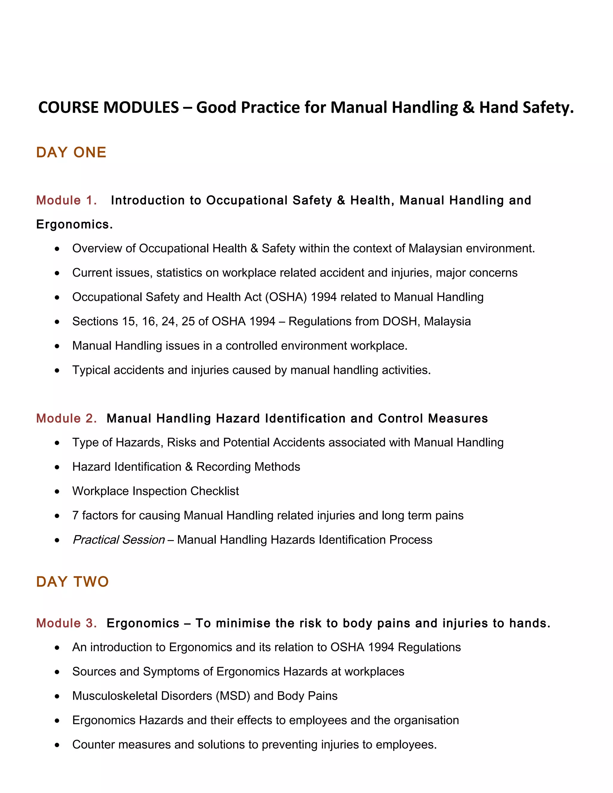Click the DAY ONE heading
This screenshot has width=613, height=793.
[x=71, y=153]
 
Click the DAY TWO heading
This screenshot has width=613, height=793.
[x=72, y=582]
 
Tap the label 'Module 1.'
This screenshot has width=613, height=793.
[x=66, y=200]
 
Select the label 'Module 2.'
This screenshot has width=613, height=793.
[x=66, y=418]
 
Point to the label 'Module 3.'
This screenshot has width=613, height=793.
[x=66, y=623]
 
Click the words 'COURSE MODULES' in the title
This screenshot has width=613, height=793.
[x=108, y=107]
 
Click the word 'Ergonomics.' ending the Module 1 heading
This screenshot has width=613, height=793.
[x=75, y=224]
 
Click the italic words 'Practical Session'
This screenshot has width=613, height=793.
[x=119, y=540]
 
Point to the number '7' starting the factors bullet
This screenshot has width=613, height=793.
[x=75, y=516]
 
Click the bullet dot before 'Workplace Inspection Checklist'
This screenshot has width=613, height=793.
[x=57, y=492]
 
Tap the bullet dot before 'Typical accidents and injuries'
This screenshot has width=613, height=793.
[x=57, y=371]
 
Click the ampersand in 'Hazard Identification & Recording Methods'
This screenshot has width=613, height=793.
[x=189, y=467]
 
